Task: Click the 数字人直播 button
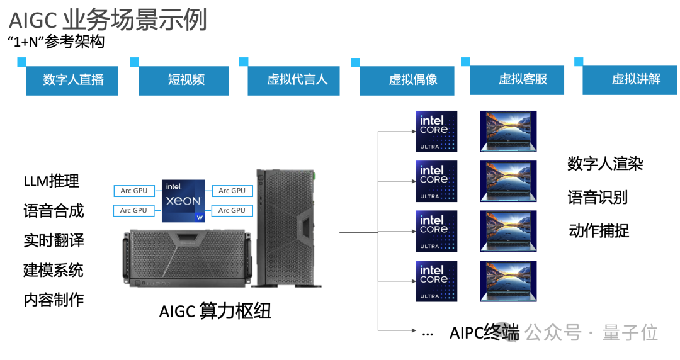click(x=72, y=80)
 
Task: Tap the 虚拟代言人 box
click(x=294, y=80)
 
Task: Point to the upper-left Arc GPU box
click(x=133, y=191)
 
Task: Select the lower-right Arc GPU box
click(x=232, y=210)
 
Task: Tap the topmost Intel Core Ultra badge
click(x=437, y=132)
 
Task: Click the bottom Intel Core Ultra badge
click(x=437, y=281)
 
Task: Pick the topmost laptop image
click(x=508, y=132)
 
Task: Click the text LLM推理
click(x=52, y=181)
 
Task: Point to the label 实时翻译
click(x=54, y=240)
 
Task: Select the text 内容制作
click(x=54, y=300)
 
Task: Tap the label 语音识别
click(x=598, y=198)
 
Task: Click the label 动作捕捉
click(x=599, y=231)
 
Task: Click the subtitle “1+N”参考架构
click(x=56, y=42)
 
